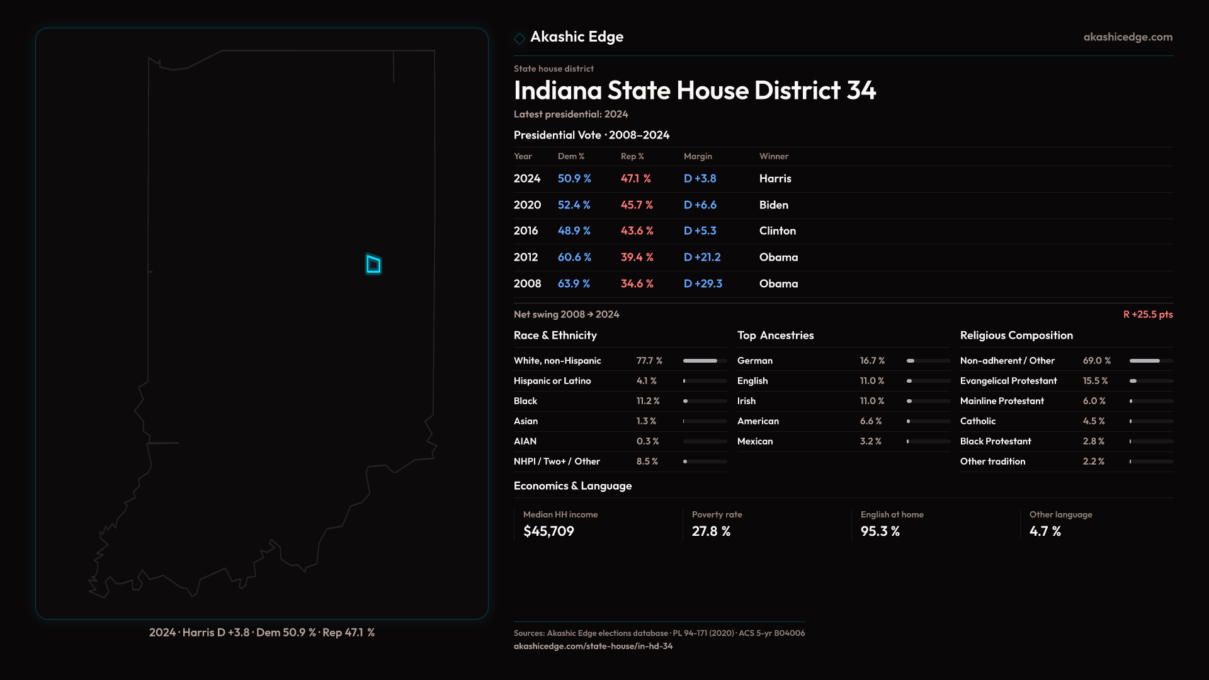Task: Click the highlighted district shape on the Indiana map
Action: (373, 264)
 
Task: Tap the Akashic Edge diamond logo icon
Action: (519, 38)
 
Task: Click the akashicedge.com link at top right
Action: (1128, 37)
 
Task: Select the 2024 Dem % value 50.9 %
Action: (574, 179)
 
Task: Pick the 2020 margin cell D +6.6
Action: (700, 205)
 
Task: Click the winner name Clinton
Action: (778, 231)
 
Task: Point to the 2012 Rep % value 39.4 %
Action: (637, 258)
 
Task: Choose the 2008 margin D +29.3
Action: (703, 284)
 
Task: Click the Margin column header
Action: (698, 156)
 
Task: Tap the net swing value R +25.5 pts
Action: (1148, 314)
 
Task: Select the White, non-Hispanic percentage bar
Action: (705, 361)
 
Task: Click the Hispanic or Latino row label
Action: (552, 381)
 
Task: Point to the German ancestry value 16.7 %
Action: (873, 361)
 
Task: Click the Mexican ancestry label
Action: (755, 441)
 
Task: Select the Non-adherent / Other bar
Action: (1151, 361)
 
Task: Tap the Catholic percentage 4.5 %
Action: (1094, 421)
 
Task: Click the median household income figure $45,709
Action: (549, 531)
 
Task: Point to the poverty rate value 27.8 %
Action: (712, 531)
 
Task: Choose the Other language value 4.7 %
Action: (1045, 531)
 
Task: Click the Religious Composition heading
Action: (1016, 336)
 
